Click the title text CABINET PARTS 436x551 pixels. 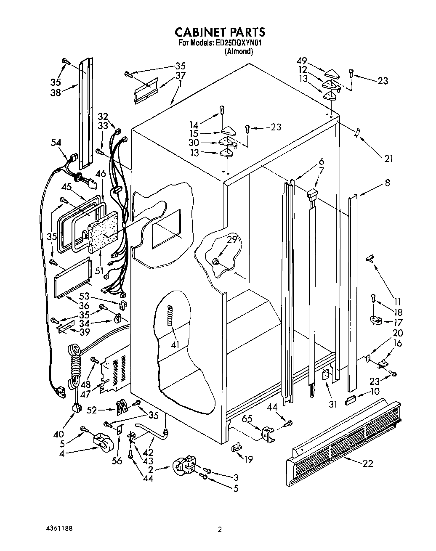[220, 32]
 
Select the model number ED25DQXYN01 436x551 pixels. [239, 43]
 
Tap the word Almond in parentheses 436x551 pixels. [239, 52]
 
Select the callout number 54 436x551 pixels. [56, 143]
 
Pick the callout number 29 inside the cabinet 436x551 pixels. [232, 240]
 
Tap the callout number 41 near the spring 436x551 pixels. [175, 345]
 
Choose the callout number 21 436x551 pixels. [388, 159]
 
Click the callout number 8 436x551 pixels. [387, 183]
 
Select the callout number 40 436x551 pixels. [58, 434]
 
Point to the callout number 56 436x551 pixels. [117, 461]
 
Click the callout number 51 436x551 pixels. [99, 271]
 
